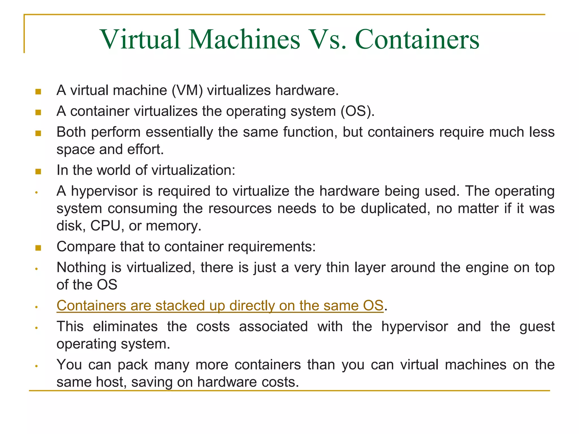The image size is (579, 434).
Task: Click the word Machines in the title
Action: point(244,40)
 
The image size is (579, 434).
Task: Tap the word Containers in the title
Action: point(417,40)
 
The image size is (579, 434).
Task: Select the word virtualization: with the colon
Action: point(193,170)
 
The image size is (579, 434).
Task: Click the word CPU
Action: point(105,226)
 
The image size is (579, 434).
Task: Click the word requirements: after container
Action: point(272,247)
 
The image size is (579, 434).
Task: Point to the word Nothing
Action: point(81,268)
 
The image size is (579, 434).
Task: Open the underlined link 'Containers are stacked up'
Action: point(220,306)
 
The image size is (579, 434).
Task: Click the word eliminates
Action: point(125,327)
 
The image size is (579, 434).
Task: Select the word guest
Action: point(537,327)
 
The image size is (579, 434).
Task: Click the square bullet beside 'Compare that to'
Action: point(38,248)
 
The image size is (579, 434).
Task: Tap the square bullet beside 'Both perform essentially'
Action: point(38,133)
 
